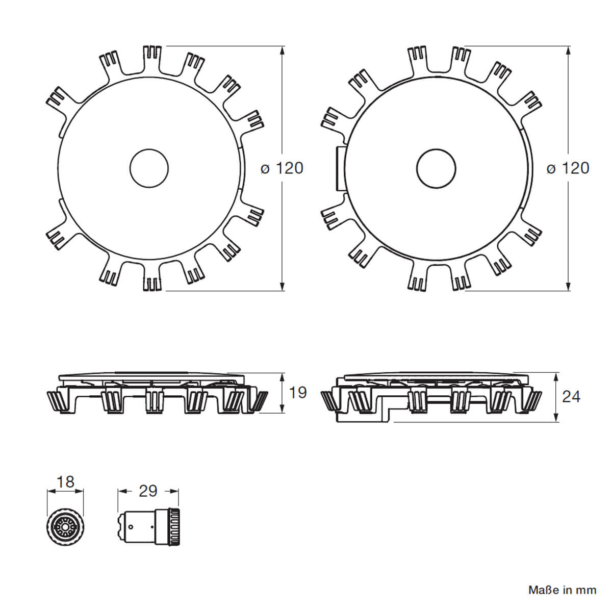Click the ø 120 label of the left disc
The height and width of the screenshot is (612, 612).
pyautogui.click(x=282, y=168)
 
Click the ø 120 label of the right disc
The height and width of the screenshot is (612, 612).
pyautogui.click(x=568, y=168)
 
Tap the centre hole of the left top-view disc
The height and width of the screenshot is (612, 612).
pyautogui.click(x=149, y=168)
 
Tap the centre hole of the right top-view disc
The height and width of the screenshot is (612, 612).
pyautogui.click(x=436, y=168)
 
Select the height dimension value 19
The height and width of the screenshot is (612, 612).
pyautogui.click(x=298, y=393)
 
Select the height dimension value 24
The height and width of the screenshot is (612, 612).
pyautogui.click(x=571, y=396)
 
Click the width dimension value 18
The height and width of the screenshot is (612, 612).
pyautogui.click(x=65, y=481)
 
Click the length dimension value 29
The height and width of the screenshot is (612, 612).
pyautogui.click(x=148, y=491)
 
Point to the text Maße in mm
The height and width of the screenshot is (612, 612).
pyautogui.click(x=562, y=591)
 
